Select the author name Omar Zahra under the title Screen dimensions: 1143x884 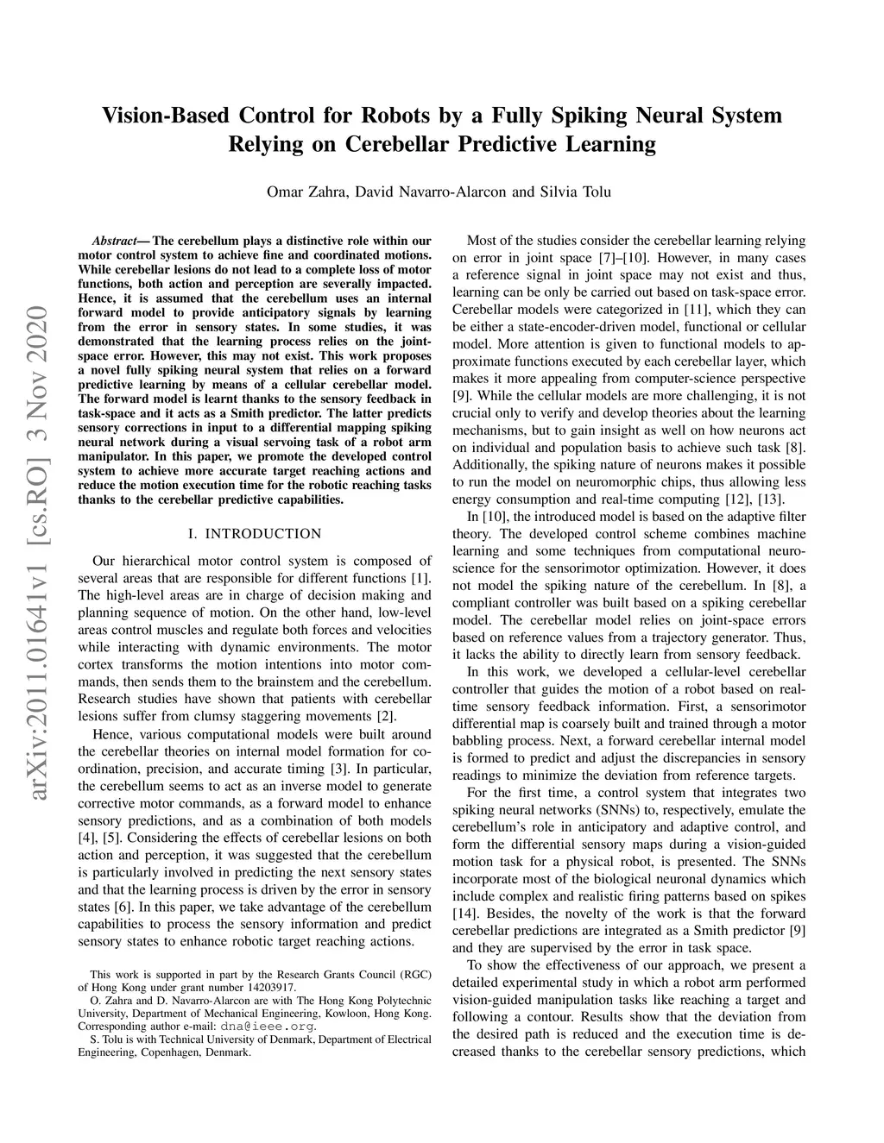click(306, 192)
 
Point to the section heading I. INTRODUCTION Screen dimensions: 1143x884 click(255, 534)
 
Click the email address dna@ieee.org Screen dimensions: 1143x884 click(268, 1027)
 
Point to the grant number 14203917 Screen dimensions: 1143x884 click(269, 987)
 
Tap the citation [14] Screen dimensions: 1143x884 click(466, 914)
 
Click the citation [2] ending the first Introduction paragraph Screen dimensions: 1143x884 click(386, 716)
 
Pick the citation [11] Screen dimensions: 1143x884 click(696, 310)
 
